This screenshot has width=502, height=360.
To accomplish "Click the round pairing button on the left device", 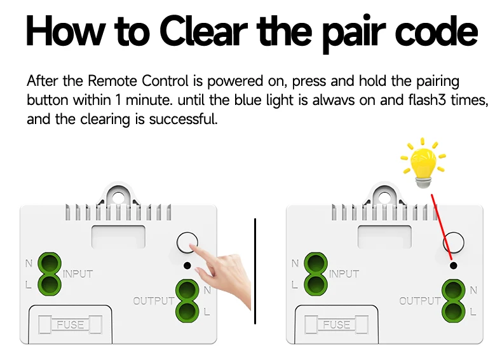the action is (186, 242).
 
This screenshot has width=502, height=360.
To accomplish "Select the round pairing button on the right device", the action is (453, 242).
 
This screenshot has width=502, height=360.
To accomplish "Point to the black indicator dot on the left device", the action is (187, 265).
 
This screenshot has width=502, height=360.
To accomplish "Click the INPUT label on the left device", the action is (78, 274).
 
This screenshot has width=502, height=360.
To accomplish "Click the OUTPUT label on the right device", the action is (420, 301).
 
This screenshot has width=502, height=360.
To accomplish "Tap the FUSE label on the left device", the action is (70, 324).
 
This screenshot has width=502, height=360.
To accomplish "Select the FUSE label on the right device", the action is (336, 324).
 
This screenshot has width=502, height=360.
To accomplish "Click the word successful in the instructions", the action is (183, 120).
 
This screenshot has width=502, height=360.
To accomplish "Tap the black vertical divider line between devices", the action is (255, 270).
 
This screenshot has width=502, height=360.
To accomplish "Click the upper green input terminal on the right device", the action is (315, 263).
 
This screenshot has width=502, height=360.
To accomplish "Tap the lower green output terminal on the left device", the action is (186, 311).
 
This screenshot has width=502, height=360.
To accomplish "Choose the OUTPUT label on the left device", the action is (154, 301).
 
